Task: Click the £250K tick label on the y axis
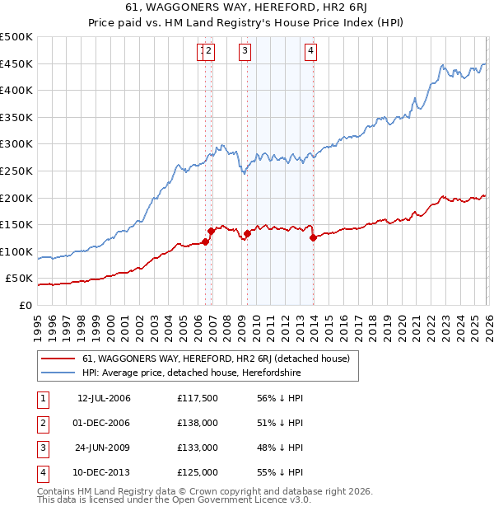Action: click(16, 171)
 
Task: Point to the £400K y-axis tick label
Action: click(16, 91)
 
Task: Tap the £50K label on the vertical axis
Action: click(20, 279)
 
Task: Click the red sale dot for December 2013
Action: click(313, 238)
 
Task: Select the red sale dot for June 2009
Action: click(247, 234)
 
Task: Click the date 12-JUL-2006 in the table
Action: click(104, 398)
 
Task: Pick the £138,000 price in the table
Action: click(198, 423)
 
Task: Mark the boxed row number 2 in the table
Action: click(41, 423)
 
